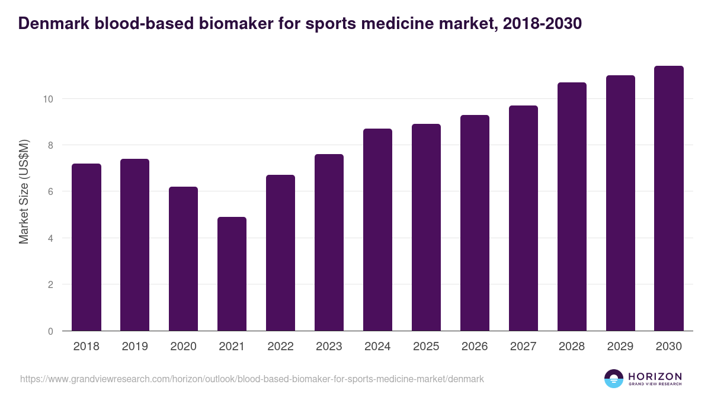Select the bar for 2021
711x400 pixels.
pos(232,274)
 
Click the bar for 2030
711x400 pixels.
pos(669,199)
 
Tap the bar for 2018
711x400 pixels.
pos(86,247)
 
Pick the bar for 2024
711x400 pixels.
pos(377,230)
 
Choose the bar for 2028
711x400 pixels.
pos(572,207)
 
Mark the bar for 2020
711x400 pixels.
pos(183,259)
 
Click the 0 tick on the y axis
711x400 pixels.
pos(50,331)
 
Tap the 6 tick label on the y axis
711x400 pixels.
pos(50,192)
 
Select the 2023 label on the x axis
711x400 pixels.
pos(329,347)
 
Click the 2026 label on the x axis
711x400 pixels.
pos(475,347)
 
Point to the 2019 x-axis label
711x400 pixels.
pos(134,347)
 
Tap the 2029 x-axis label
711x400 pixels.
pos(620,347)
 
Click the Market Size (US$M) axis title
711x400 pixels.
pos(24,192)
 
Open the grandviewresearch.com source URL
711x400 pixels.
pos(252,379)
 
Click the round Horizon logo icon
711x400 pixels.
pos(614,379)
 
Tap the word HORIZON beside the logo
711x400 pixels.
pos(655,376)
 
